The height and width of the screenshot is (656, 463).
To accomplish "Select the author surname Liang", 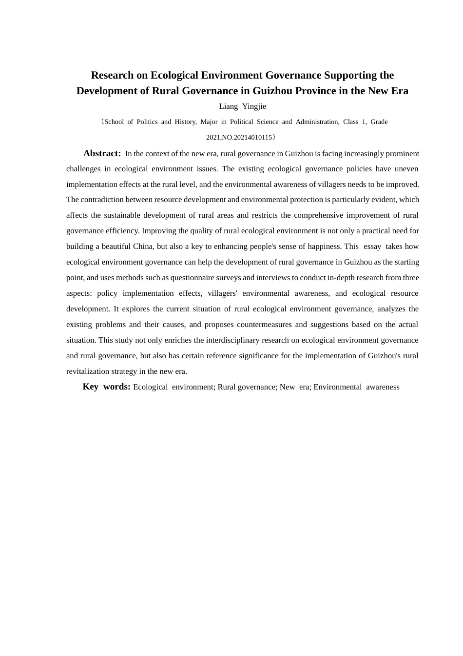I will tap(229, 106).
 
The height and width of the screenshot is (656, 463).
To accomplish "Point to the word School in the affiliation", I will tap(114, 122).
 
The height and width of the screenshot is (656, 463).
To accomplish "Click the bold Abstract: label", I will tap(102, 153).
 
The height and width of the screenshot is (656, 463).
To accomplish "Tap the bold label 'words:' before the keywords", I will tap(116, 387).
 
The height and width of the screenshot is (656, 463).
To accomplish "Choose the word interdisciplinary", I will tap(251, 340).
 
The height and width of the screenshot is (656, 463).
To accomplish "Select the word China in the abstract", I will tap(143, 246).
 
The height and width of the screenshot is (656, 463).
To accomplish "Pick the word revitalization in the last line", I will tap(87, 371).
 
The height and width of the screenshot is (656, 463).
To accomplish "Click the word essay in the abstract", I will tap(372, 246).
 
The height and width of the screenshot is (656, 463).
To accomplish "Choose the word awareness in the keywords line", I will tap(383, 387).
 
